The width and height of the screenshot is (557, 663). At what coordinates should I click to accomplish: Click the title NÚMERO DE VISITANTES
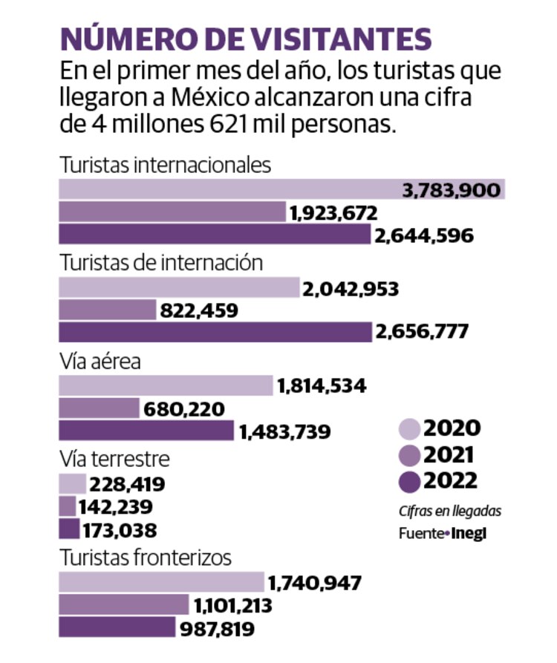tap(246, 39)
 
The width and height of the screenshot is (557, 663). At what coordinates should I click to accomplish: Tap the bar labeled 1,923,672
tap(171, 213)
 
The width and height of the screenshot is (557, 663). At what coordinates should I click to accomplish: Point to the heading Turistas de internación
tap(161, 263)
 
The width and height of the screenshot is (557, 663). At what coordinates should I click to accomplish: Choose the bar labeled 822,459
tap(106, 310)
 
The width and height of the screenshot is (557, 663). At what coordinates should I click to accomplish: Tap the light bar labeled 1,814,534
tap(165, 386)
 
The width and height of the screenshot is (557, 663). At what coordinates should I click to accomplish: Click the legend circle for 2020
tap(410, 428)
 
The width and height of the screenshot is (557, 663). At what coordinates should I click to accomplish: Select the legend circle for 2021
tap(410, 455)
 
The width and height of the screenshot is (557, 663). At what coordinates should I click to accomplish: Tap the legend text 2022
tap(451, 481)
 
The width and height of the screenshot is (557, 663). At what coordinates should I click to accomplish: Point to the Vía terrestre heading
tap(114, 459)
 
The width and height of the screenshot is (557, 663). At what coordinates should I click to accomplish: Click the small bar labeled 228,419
tap(72, 485)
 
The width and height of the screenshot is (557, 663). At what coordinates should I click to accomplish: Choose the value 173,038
tap(123, 530)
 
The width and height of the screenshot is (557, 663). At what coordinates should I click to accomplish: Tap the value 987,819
tap(216, 629)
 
